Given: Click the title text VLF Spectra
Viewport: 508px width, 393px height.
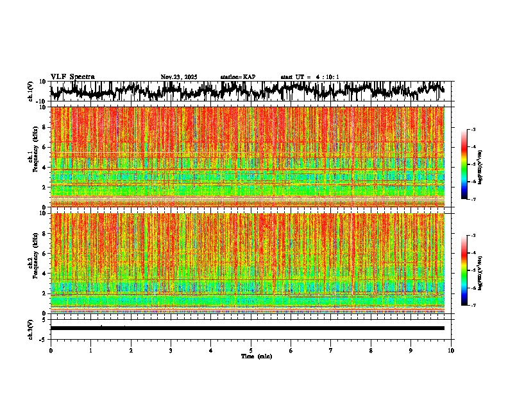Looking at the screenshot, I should (72, 77).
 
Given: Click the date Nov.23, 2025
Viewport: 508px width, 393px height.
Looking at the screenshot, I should (179, 77).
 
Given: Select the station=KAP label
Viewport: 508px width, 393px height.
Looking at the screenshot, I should (238, 77).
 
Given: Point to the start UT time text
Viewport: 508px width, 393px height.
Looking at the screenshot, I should (310, 77).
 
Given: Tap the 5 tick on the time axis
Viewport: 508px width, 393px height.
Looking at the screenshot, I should (251, 350).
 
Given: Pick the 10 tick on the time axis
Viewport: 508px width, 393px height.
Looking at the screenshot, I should (451, 350).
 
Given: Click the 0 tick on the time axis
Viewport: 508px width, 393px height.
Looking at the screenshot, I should (51, 350).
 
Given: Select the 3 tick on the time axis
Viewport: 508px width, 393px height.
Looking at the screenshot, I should (171, 350).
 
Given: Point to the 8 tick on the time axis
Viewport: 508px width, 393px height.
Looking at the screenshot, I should (371, 350).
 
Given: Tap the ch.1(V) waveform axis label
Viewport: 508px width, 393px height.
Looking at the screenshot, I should (31, 92).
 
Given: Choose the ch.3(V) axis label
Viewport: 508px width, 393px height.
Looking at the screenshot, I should (31, 328).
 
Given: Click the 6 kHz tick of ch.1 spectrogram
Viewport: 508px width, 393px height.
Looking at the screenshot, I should (45, 147).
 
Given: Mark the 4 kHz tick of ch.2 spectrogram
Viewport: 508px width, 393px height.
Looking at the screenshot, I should (45, 273).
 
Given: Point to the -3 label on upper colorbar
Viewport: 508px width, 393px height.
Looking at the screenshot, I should (473, 130).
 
